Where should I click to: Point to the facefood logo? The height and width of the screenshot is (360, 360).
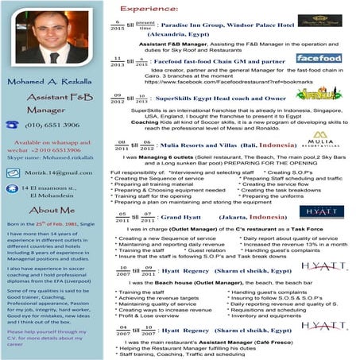pyautogui.click(x=319, y=58)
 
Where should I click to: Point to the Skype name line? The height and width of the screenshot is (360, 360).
pyautogui.click(x=49, y=159)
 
